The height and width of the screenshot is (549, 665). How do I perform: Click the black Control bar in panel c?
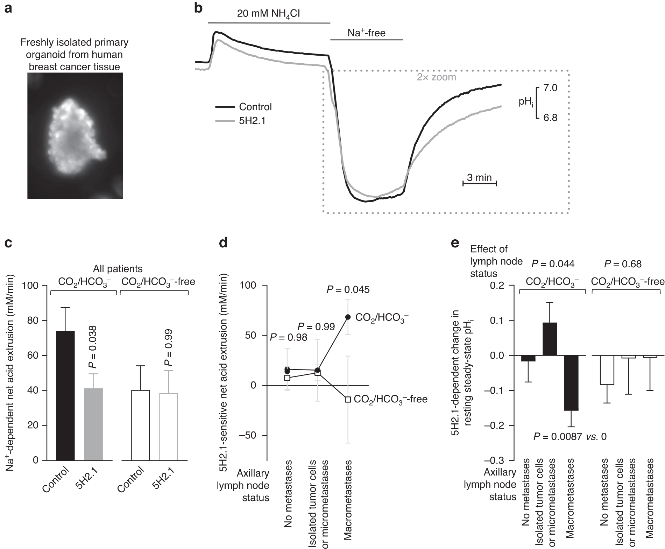tap(65, 395)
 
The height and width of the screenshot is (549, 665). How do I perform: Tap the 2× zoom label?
tap(436, 77)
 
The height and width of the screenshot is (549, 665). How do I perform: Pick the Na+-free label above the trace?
tap(366, 33)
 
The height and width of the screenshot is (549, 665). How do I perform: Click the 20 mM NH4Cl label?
tap(268, 14)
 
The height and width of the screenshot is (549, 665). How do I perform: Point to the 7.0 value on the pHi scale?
tap(550, 87)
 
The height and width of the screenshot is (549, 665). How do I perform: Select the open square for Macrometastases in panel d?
tap(348, 399)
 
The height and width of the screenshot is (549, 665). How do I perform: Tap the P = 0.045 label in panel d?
tap(348, 290)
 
